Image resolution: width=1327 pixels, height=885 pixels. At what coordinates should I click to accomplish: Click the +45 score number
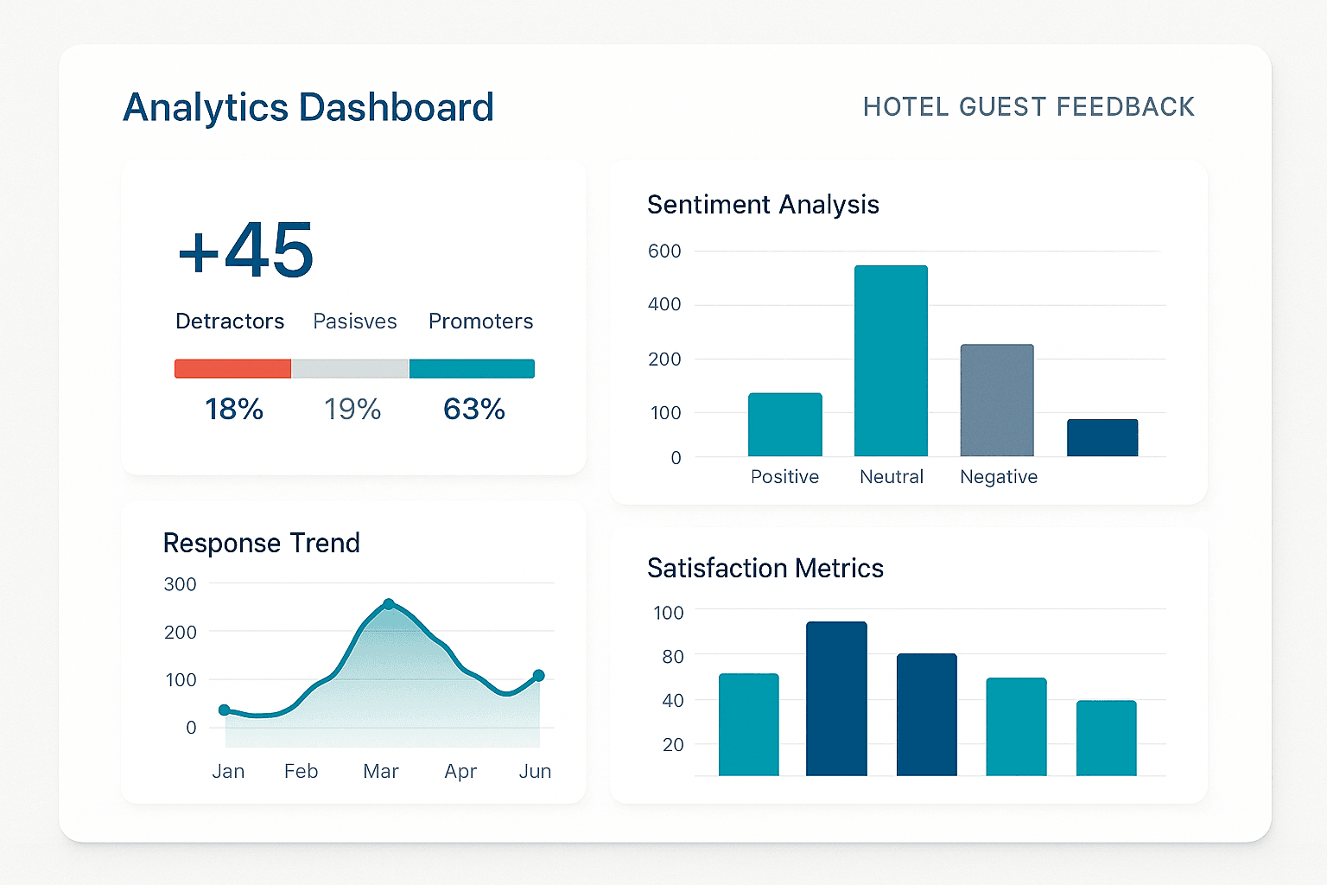(x=246, y=250)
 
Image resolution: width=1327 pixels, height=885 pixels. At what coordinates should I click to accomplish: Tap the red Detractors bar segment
(x=232, y=369)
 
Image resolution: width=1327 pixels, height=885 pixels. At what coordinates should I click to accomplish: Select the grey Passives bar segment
(x=350, y=369)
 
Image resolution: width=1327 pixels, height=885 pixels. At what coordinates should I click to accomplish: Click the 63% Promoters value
(x=473, y=409)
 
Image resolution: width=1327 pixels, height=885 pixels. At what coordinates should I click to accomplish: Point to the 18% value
(x=234, y=409)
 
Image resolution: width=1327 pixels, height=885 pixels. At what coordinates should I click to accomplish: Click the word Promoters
(x=480, y=322)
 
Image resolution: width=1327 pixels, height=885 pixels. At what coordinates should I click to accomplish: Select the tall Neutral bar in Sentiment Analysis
(x=891, y=361)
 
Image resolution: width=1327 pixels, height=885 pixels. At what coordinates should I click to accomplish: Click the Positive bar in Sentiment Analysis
(x=784, y=424)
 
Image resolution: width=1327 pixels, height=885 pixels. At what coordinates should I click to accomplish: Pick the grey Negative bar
(x=997, y=400)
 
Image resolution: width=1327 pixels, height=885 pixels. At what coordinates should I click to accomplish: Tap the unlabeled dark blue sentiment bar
(x=1102, y=437)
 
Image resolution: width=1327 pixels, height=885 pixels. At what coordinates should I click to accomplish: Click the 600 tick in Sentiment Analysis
(x=664, y=251)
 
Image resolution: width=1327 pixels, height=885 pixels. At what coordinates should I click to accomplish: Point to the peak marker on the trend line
(x=389, y=604)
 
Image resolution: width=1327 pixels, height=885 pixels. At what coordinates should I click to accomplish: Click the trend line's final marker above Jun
(x=538, y=676)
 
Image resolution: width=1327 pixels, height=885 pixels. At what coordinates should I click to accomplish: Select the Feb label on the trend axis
(x=301, y=771)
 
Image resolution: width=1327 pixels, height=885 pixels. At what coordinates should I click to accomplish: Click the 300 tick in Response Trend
(x=180, y=584)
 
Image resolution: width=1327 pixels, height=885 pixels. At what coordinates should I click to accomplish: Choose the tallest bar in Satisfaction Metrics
(x=836, y=698)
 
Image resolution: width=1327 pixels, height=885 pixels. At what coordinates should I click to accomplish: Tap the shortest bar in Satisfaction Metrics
(x=1106, y=738)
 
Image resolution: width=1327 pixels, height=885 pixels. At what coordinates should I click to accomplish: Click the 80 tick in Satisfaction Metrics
(x=673, y=657)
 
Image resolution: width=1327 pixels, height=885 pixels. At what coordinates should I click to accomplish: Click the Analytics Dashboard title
(x=308, y=108)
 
